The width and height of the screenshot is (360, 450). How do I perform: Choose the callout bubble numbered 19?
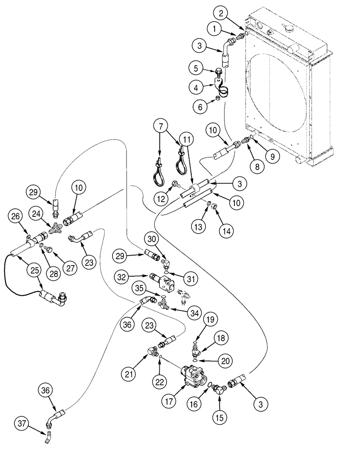(x=211, y=320)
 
